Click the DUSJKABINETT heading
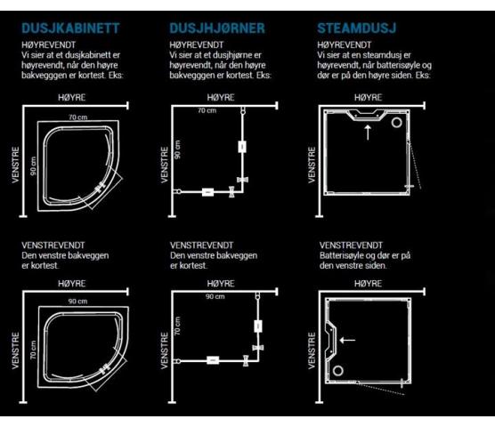click(x=70, y=28)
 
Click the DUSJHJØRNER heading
click(x=217, y=28)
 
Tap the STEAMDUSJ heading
click(x=357, y=28)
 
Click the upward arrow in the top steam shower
click(x=368, y=133)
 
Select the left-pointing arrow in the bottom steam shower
click(x=347, y=340)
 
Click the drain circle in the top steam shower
click(x=397, y=122)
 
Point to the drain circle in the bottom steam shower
click(x=337, y=371)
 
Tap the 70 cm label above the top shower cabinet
click(x=78, y=117)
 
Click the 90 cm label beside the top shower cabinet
click(x=33, y=165)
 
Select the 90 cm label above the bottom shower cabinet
click(x=77, y=302)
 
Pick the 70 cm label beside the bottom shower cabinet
click(x=33, y=350)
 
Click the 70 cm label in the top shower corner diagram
click(x=207, y=110)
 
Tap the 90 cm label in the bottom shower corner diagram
click(x=215, y=296)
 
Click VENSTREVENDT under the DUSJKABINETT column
click(x=53, y=246)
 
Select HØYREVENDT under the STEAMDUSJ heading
click(x=345, y=44)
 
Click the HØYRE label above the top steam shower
click(x=368, y=98)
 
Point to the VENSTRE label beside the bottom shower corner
click(x=164, y=350)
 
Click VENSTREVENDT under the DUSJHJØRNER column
click(x=202, y=246)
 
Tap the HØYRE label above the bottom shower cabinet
click(x=71, y=284)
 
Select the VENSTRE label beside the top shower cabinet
click(x=15, y=165)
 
